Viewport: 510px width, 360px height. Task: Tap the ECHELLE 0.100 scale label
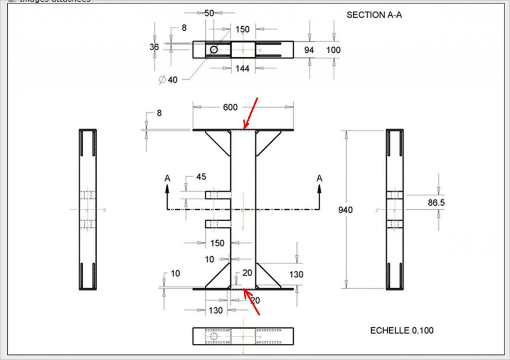tap(402, 330)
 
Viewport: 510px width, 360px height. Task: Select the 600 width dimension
tap(230, 107)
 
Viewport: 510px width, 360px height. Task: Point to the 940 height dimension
tap(345, 210)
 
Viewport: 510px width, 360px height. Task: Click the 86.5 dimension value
tap(436, 203)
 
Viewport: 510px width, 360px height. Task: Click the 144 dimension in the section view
tap(242, 69)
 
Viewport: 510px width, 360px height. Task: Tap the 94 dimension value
tap(309, 50)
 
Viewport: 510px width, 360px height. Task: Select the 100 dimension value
tap(333, 50)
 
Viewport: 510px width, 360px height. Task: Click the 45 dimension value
tap(201, 177)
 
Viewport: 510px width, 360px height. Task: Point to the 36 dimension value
tap(154, 47)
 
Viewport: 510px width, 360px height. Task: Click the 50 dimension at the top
tap(209, 13)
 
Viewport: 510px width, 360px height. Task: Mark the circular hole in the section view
tap(214, 50)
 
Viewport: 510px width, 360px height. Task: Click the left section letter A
tap(167, 179)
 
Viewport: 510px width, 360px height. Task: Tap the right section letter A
tap(319, 179)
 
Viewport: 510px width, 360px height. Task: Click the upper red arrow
tap(251, 113)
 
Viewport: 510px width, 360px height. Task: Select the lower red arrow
tap(252, 302)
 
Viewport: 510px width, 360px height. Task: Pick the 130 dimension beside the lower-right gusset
tap(296, 275)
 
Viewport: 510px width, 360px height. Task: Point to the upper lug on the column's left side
tap(218, 195)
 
